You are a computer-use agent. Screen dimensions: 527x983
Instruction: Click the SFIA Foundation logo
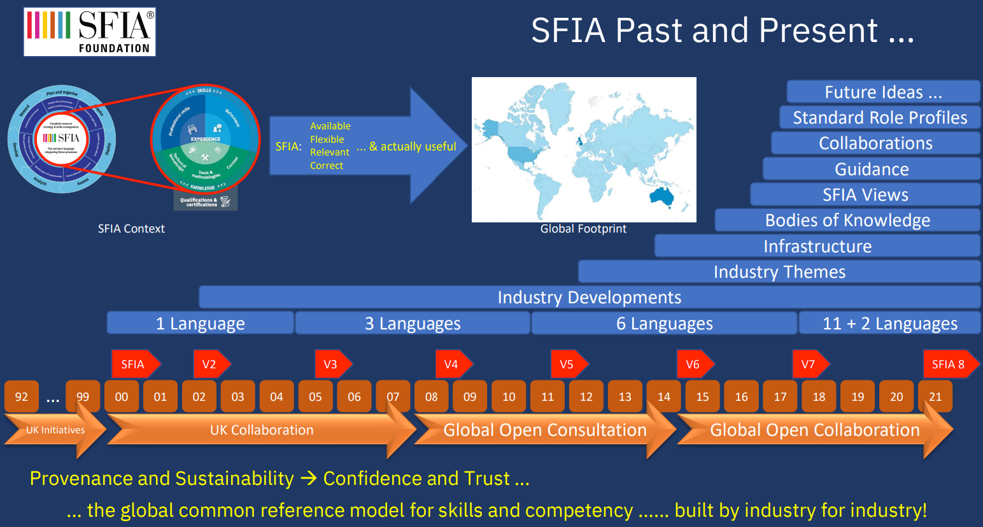[90, 32]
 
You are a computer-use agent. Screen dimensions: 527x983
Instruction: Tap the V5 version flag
[567, 365]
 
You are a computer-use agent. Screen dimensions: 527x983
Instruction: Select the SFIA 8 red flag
[948, 365]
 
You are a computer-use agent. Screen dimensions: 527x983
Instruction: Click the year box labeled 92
[22, 396]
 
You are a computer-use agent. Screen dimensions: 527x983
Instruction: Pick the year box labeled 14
[663, 396]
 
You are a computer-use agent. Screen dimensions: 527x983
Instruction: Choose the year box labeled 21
[935, 396]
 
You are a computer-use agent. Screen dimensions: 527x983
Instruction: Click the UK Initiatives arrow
[55, 430]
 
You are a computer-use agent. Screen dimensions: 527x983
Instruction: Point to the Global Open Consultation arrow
[545, 430]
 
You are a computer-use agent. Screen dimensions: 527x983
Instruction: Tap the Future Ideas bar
[883, 92]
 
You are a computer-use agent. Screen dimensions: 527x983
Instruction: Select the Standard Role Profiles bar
[880, 117]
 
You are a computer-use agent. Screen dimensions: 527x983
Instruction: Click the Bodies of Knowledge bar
[847, 220]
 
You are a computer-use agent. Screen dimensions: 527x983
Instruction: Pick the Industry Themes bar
[779, 272]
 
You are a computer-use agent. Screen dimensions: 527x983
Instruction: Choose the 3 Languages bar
[413, 324]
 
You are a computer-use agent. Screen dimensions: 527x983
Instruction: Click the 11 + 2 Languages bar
[889, 324]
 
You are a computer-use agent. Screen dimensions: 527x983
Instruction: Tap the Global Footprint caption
[583, 229]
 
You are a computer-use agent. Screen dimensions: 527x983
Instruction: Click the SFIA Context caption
[131, 229]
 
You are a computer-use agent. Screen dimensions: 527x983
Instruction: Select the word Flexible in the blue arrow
[327, 140]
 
